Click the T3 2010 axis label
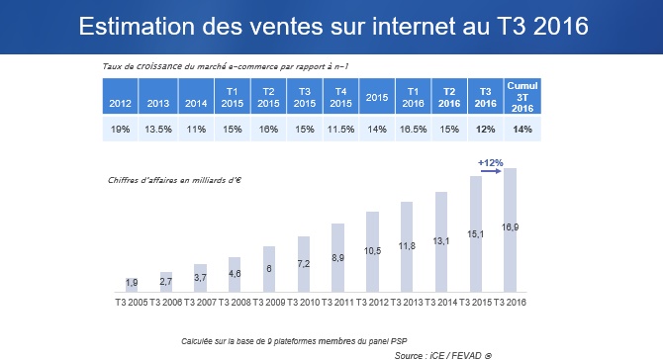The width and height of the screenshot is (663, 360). click(304, 301)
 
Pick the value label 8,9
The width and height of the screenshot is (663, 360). click(337, 257)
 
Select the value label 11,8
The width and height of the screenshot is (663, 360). click(407, 246)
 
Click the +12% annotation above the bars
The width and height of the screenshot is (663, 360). click(490, 162)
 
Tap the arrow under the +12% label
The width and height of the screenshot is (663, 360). click(490, 172)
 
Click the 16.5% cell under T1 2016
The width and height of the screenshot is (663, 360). click(413, 130)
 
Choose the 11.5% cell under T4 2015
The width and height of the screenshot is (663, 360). click(339, 130)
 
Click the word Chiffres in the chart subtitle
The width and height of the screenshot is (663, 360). click(122, 180)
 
